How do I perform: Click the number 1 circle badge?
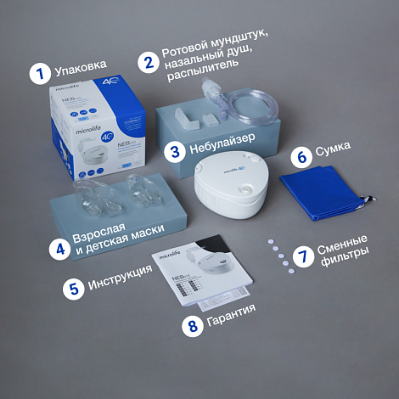click(x=37, y=73)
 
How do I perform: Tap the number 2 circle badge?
click(x=149, y=60)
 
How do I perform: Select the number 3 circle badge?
click(x=176, y=152)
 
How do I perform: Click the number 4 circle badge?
click(x=59, y=249)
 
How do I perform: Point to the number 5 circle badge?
click(x=74, y=288)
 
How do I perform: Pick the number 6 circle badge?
click(x=301, y=157)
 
